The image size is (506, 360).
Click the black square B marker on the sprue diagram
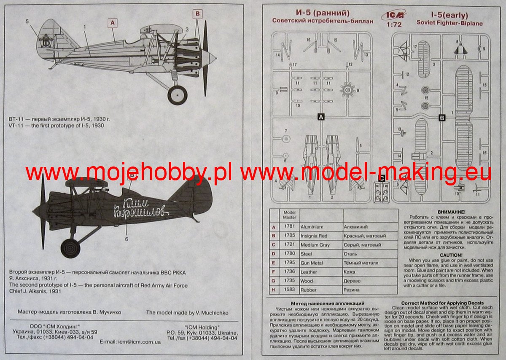click(x=442, y=118)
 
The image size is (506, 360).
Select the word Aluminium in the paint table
click(x=312, y=227)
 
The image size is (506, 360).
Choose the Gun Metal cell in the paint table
click(x=312, y=263)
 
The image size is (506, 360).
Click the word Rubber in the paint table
click(x=309, y=290)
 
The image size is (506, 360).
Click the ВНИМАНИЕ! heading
click(x=451, y=211)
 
